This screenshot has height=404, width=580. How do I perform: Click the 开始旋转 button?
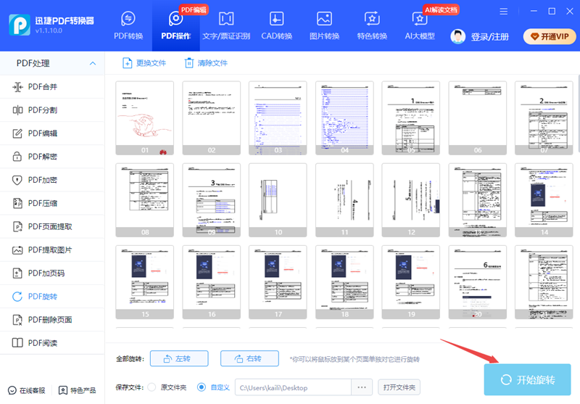click(x=528, y=380)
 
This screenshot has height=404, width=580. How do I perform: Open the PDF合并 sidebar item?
click(x=43, y=87)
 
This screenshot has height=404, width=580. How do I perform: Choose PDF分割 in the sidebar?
click(x=43, y=110)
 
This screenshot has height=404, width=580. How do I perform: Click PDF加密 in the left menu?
click(x=43, y=180)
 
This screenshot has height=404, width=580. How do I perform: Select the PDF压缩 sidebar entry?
click(x=43, y=203)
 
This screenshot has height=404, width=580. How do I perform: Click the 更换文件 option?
click(x=144, y=63)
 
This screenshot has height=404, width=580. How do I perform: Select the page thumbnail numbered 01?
click(x=145, y=118)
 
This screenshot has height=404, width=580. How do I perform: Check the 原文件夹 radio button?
click(x=152, y=387)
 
